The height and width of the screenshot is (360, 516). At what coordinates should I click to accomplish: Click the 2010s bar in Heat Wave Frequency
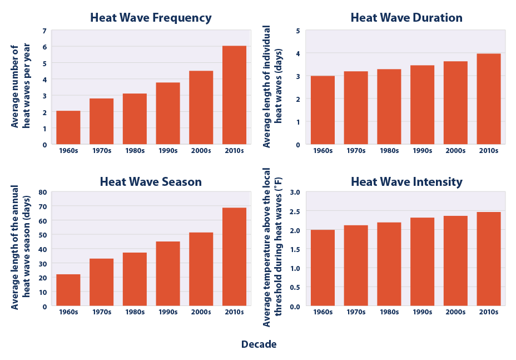[234, 95]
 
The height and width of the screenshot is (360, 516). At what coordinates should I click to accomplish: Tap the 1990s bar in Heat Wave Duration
[422, 105]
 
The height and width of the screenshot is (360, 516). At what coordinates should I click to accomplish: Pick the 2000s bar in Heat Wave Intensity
[455, 261]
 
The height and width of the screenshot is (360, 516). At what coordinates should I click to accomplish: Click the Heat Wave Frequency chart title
[151, 18]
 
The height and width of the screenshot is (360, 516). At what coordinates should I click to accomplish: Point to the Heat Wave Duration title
[406, 18]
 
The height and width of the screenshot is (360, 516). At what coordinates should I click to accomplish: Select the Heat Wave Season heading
[151, 182]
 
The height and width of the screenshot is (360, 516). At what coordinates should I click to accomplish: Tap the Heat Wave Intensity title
[406, 182]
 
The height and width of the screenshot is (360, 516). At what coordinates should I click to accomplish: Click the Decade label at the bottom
[259, 344]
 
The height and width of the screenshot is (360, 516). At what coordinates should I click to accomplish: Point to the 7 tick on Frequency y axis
[44, 31]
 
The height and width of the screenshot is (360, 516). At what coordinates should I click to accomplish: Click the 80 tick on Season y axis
[43, 193]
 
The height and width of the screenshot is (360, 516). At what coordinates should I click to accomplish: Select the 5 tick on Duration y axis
[299, 31]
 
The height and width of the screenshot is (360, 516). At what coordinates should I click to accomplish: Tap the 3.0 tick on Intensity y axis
[295, 193]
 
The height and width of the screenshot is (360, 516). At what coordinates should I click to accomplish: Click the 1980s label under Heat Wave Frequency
[135, 150]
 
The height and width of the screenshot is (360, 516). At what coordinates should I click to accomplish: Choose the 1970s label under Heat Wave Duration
[356, 150]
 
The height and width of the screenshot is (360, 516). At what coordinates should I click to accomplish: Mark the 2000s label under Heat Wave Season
[201, 312]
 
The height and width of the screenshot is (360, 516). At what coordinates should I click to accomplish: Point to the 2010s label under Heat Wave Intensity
[489, 312]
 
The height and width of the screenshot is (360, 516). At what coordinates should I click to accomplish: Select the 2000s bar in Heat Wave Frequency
[201, 107]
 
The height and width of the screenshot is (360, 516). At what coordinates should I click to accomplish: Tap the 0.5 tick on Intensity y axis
[295, 287]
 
